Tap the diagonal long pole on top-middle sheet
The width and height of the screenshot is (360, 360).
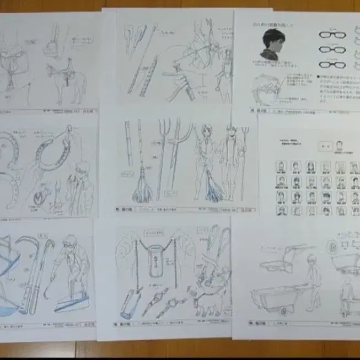[142, 61]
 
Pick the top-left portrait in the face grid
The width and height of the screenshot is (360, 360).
[281, 166]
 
